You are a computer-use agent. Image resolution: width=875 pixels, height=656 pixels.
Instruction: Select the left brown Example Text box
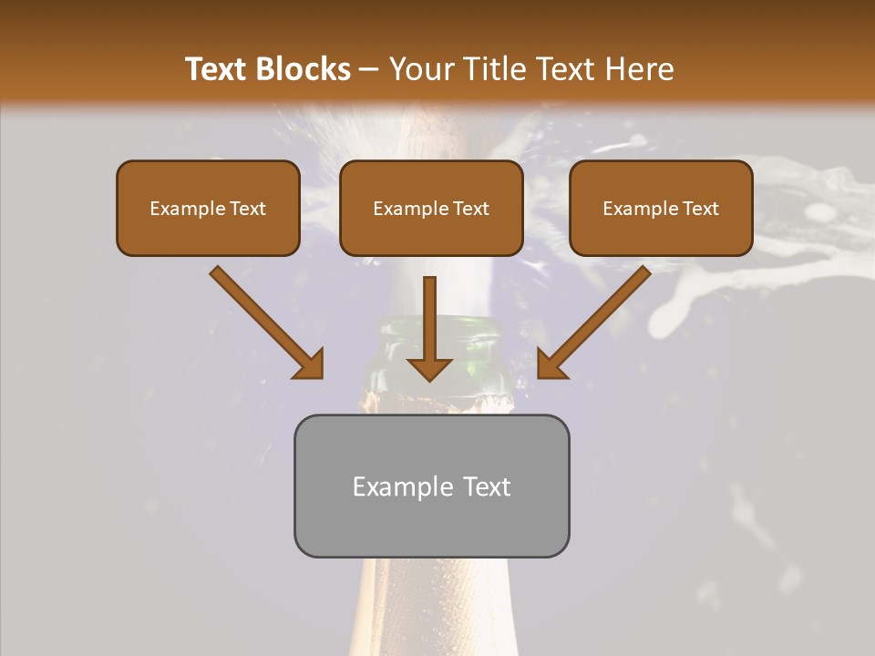[x=208, y=208]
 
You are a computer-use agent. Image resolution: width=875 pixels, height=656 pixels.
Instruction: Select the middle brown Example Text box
[x=431, y=208]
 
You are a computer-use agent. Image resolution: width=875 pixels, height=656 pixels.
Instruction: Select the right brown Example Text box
[x=661, y=208]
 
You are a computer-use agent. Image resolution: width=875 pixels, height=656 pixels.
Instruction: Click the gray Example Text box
[x=431, y=486]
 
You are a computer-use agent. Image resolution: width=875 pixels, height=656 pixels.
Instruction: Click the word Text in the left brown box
[x=248, y=209]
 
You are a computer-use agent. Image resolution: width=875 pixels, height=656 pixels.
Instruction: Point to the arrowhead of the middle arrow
[x=429, y=368]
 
